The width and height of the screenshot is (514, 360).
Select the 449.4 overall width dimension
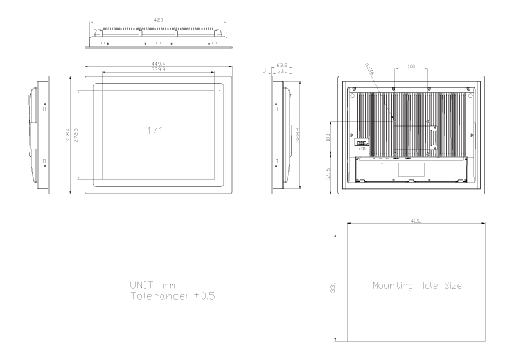click(157, 64)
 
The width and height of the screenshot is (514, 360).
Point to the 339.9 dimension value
click(157, 69)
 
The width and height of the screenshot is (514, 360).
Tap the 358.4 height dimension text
click(68, 138)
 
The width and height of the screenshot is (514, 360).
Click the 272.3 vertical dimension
click(76, 136)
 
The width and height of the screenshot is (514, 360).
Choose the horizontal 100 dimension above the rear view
click(412, 66)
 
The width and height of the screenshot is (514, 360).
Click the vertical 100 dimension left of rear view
click(329, 137)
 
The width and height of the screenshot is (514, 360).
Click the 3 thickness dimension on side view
click(265, 71)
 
